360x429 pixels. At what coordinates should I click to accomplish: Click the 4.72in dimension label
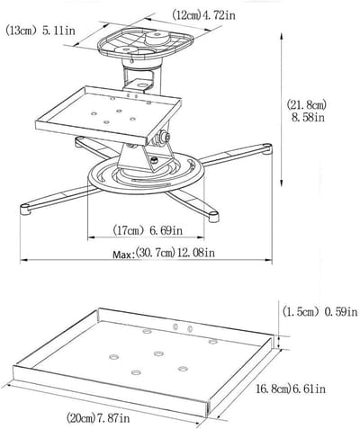coord(218,15)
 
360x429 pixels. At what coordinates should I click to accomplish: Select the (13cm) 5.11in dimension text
coord(40,31)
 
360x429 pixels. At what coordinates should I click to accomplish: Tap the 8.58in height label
coord(308,117)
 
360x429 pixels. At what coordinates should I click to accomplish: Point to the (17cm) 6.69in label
coord(148,230)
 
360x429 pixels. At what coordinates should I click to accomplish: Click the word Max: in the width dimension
coord(123,255)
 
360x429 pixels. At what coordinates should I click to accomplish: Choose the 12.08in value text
coord(196,253)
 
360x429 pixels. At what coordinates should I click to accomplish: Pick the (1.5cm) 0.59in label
coord(320,312)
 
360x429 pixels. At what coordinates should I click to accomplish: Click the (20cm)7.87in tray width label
coord(98,417)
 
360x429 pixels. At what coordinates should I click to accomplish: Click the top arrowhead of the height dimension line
coord(282,36)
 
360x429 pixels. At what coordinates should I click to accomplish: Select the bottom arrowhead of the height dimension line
coord(282,183)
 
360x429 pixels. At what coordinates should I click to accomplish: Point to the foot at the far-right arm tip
coord(265,148)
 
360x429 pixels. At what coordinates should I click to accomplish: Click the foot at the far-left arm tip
coord(25,209)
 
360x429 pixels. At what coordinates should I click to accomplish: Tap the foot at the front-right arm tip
coord(213,217)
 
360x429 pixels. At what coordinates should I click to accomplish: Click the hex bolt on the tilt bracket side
coord(165,136)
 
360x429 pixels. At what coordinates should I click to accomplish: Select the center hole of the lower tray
coord(158,353)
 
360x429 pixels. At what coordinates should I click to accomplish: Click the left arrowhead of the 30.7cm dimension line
coord(23,261)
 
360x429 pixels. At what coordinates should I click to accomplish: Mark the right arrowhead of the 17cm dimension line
coord(201,237)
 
